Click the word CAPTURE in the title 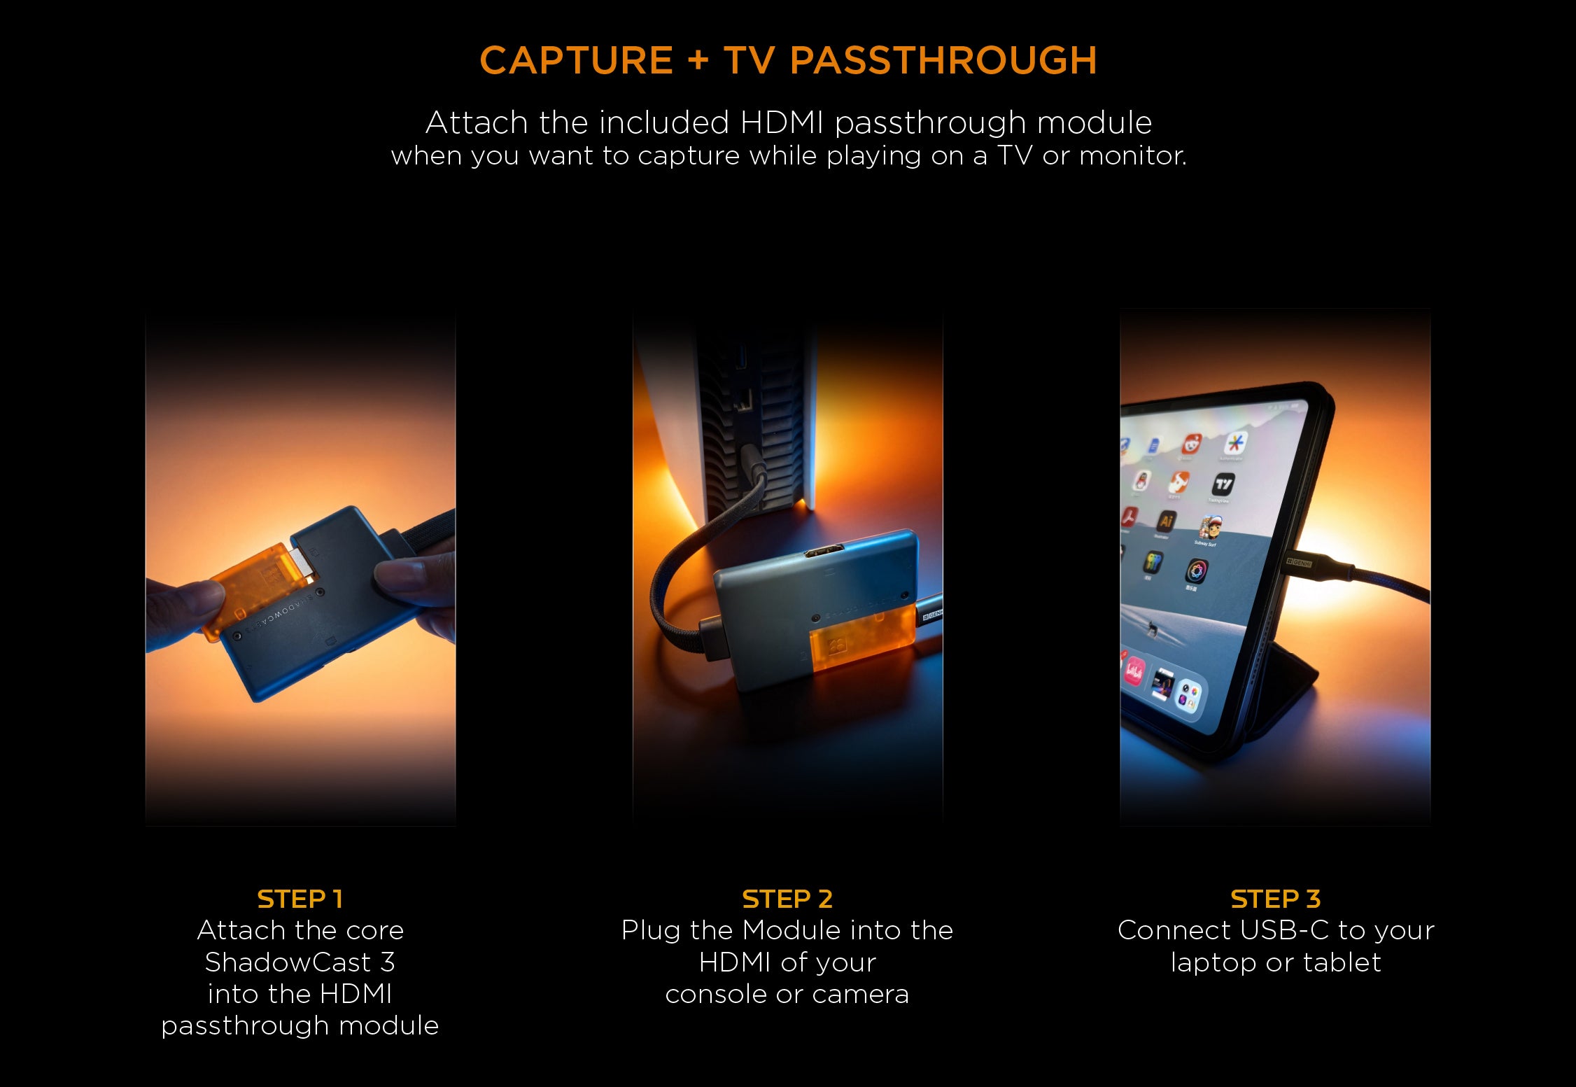click(x=576, y=60)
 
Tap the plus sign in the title click(x=698, y=60)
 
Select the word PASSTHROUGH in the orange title click(x=943, y=60)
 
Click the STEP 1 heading click(x=300, y=899)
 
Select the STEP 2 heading click(x=787, y=899)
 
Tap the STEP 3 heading click(x=1275, y=899)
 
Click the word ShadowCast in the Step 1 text click(x=288, y=962)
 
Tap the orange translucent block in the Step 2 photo click(x=861, y=638)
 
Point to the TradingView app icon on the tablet click(x=1223, y=484)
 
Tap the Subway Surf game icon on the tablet click(x=1210, y=528)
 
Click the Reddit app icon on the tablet click(x=1191, y=444)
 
